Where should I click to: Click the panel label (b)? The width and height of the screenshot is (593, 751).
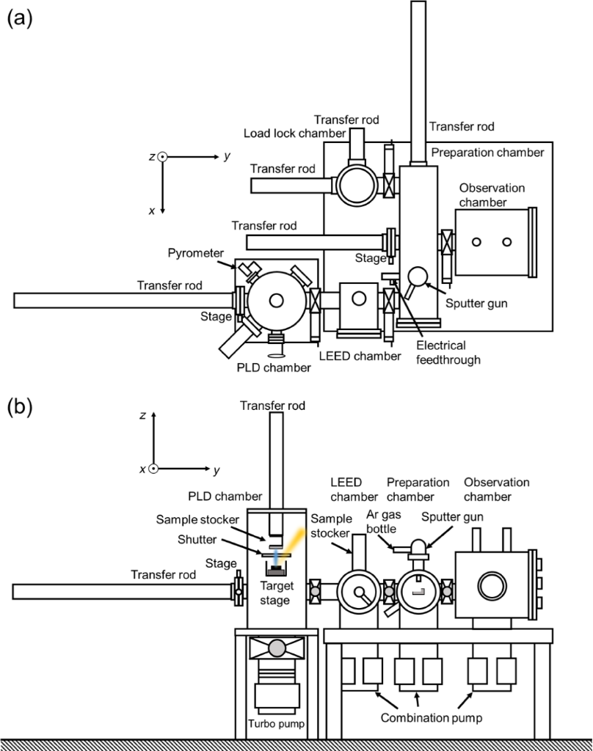tap(20, 408)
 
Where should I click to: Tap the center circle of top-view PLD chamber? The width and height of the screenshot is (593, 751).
tap(277, 300)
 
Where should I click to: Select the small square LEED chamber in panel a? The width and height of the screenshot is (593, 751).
tap(359, 299)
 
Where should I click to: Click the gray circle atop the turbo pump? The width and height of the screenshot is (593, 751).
tap(277, 648)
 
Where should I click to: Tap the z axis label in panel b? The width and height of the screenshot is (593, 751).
tap(142, 416)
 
